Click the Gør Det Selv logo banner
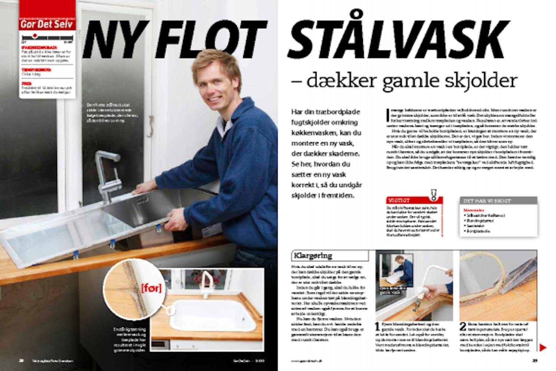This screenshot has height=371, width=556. [47, 24]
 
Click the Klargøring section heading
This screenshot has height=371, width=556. [313, 256]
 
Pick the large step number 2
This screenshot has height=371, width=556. [463, 327]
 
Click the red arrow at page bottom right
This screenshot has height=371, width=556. [543, 348]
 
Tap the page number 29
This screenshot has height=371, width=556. [535, 360]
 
